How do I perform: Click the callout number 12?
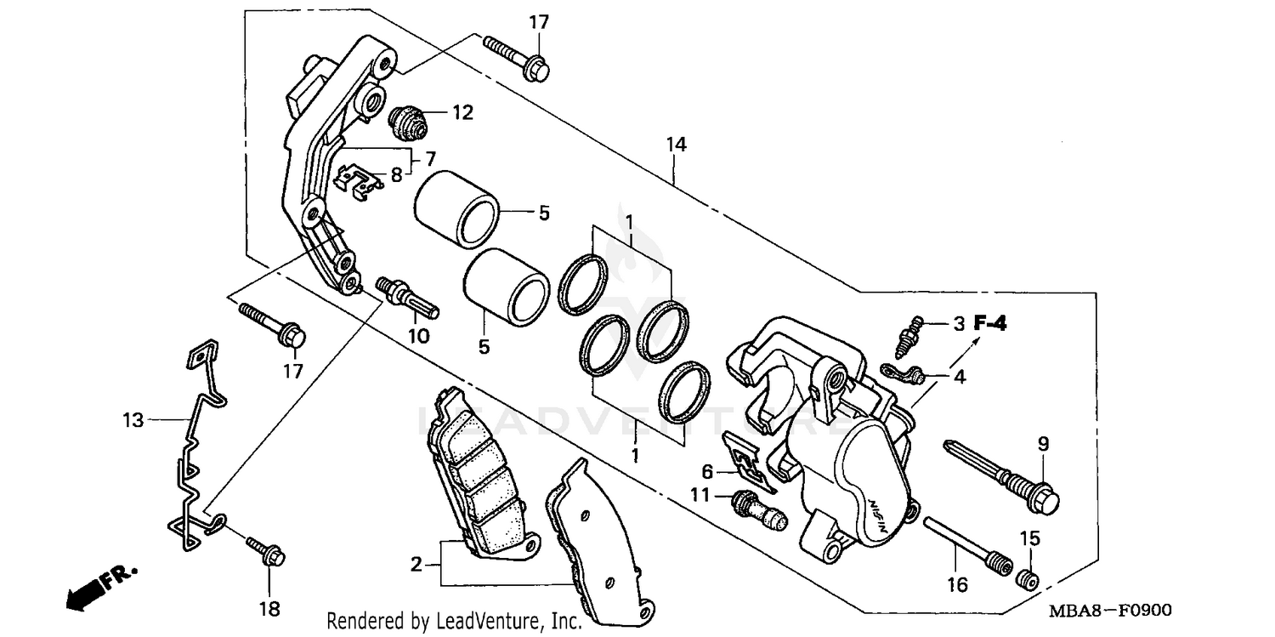coord(462,112)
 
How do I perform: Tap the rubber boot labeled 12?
coord(409,122)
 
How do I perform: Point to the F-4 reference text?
coord(989,323)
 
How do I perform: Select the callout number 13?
coord(133,418)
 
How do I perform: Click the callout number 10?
coord(418,336)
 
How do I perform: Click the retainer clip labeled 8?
coord(358,181)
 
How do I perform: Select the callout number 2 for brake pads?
coord(416,564)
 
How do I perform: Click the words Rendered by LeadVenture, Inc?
coord(455,622)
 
